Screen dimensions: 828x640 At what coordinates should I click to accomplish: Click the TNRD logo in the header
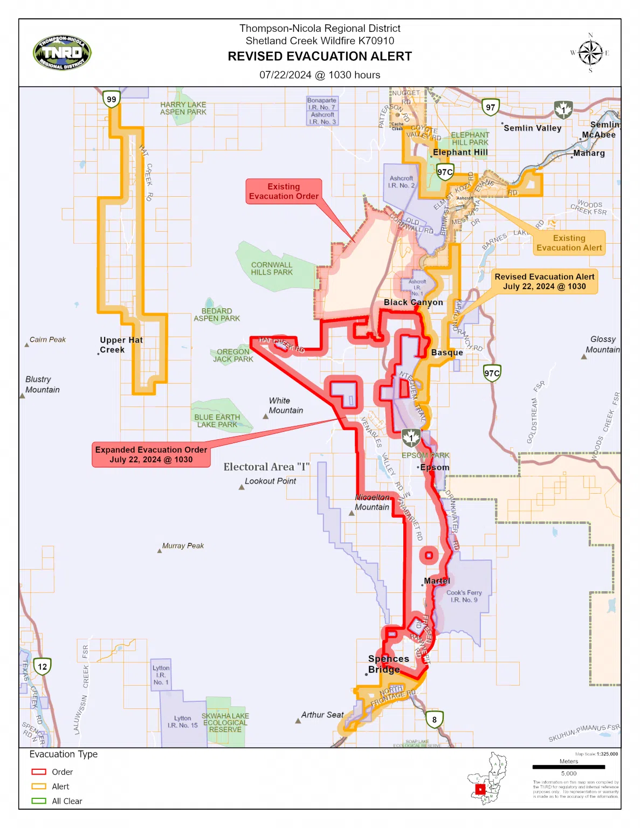(62, 53)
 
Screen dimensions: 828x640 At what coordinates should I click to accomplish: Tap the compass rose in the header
(590, 53)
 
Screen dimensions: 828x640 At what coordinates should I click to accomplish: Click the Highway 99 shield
(111, 99)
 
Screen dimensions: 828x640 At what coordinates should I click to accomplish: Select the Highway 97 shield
(490, 107)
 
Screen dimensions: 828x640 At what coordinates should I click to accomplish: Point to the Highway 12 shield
(42, 666)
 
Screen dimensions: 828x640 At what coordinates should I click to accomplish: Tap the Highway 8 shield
(434, 719)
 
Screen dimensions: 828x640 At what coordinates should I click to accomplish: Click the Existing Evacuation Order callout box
(284, 191)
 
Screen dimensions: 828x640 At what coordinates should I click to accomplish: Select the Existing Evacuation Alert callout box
(569, 243)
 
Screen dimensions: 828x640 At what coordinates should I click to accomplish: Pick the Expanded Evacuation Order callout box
(151, 454)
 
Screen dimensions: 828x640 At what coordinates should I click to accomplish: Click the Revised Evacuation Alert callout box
(544, 281)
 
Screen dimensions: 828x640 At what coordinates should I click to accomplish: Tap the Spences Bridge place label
(388, 664)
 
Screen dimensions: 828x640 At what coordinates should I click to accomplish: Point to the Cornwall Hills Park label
(272, 268)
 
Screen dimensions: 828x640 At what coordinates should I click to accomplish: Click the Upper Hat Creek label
(121, 345)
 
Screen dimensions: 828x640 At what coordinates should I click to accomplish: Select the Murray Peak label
(183, 546)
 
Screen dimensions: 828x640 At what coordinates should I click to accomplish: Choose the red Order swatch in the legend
(39, 772)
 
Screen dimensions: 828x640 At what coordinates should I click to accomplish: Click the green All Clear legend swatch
(39, 801)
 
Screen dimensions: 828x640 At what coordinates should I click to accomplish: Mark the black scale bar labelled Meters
(568, 767)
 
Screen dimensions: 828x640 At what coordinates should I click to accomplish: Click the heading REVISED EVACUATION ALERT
(320, 57)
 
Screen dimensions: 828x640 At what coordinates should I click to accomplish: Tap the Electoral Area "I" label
(266, 467)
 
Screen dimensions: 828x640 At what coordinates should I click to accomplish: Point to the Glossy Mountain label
(603, 344)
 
